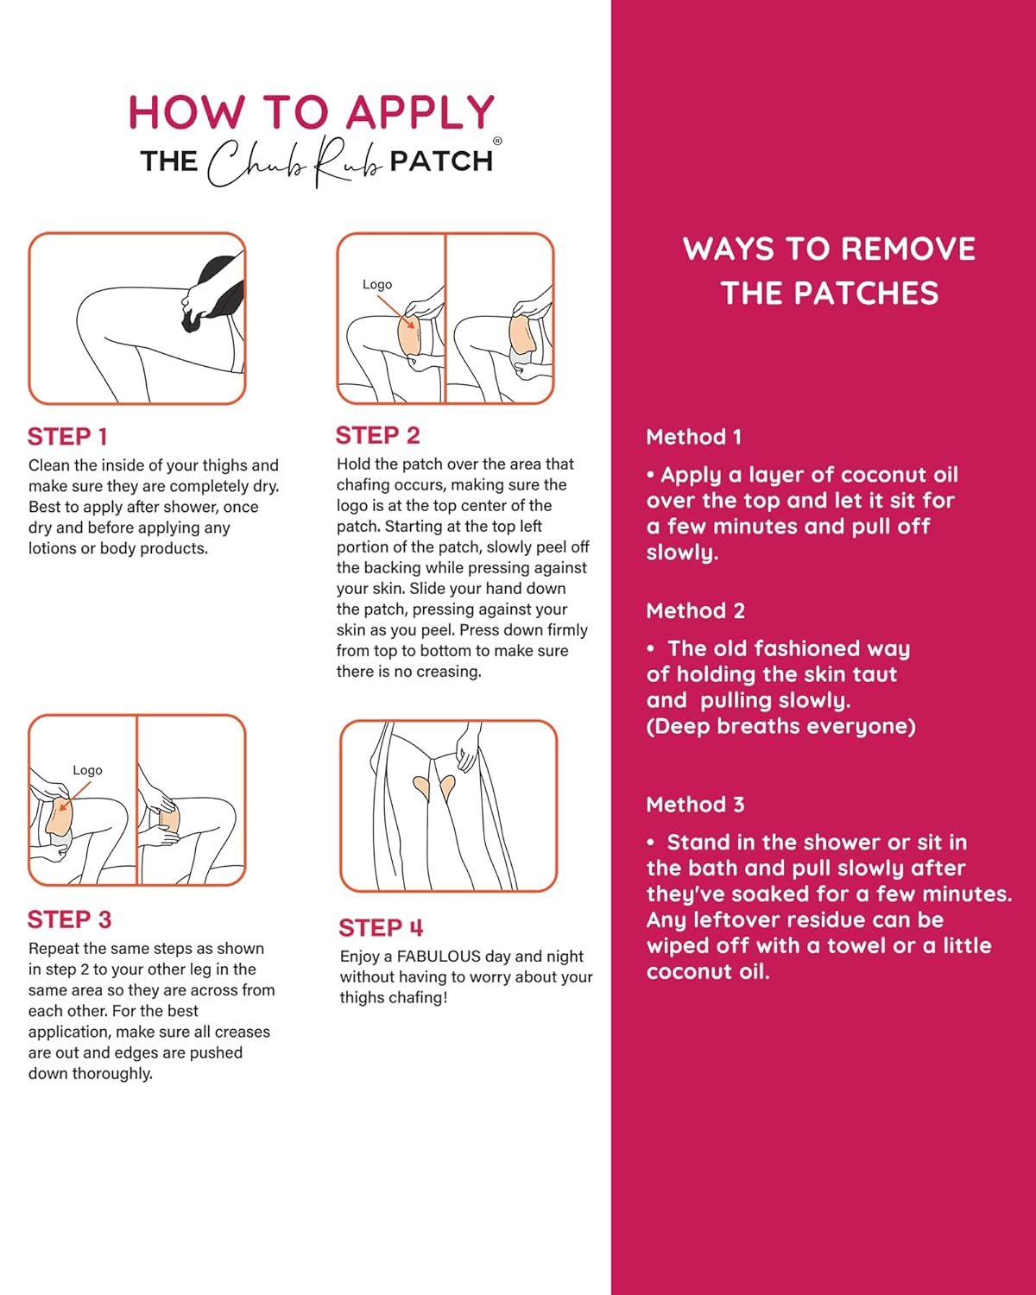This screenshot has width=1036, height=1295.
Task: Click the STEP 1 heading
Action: pos(67,437)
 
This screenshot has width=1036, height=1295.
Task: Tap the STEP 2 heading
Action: pos(377,435)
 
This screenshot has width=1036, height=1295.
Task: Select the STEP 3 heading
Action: pos(69,919)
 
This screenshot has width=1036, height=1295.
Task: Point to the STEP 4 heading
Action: pos(381,928)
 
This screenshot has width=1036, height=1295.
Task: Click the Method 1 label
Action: pos(693,437)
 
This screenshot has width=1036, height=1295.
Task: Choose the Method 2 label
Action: pos(695,611)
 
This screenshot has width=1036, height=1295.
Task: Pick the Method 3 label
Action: pos(695,805)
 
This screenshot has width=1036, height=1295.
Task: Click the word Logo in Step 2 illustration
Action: pos(377,284)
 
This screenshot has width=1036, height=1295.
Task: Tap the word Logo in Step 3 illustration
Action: pos(87,770)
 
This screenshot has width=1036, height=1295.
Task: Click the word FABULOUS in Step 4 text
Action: pos(439,957)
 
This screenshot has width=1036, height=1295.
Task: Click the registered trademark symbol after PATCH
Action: pos(497,142)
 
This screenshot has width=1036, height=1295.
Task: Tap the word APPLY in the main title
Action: pos(420,113)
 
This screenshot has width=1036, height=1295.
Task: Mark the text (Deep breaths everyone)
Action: pos(780,726)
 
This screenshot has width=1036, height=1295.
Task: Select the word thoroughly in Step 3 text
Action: pos(111,1074)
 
